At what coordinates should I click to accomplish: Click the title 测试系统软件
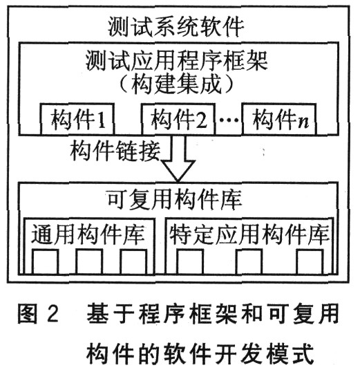[x=176, y=27]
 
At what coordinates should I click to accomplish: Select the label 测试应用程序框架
[x=177, y=61]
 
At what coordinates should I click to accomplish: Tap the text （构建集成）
[x=176, y=84]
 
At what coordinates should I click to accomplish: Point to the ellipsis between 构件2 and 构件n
[x=229, y=120]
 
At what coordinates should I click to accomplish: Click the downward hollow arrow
[x=178, y=158]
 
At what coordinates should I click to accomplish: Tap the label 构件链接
[x=115, y=151]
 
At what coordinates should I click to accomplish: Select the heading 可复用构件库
[x=175, y=200]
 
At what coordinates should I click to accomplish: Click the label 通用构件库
[x=88, y=234]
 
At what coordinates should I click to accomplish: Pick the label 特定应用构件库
[x=249, y=234]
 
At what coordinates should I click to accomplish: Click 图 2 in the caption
[x=38, y=313]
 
